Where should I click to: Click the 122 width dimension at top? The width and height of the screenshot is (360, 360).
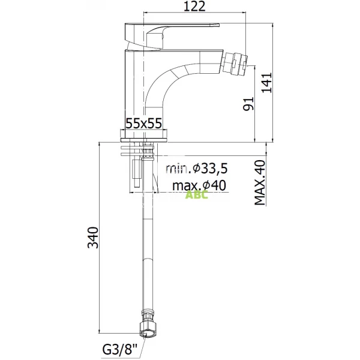pos(194,6)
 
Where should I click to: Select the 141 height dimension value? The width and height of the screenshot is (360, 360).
pos(267,83)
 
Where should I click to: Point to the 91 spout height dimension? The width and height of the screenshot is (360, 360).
pos(248,104)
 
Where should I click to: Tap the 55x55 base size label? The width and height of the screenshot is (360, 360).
pos(144,124)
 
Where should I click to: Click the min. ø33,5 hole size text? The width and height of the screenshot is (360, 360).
pos(197,169)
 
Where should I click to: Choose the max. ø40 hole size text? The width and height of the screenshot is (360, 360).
pos(199,185)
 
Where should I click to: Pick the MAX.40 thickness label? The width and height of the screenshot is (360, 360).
pos(260,183)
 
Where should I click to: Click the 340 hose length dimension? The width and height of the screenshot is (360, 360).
pos(94,238)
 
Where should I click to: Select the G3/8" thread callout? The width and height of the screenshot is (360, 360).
pos(119,350)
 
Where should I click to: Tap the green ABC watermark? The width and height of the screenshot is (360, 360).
pos(197,195)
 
